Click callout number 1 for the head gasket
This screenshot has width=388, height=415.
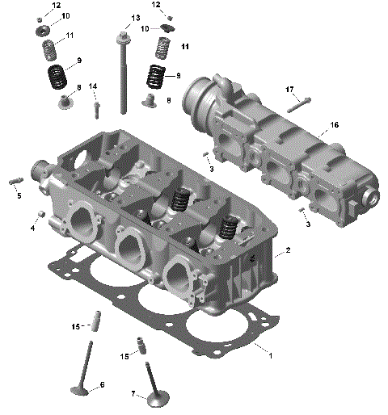tap(271, 355)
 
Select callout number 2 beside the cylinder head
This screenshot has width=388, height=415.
tap(288, 251)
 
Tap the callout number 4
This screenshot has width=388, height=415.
tap(33, 228)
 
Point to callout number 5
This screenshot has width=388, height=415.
tap(19, 195)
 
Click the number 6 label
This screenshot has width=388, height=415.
tap(102, 385)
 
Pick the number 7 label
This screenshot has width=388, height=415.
tap(133, 393)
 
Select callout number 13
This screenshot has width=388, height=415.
tap(135, 17)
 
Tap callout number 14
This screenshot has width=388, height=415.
tap(93, 86)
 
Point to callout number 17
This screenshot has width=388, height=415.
tap(289, 89)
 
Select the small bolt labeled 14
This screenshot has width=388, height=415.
tap(97, 106)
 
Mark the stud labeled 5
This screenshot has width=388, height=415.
tap(15, 181)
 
